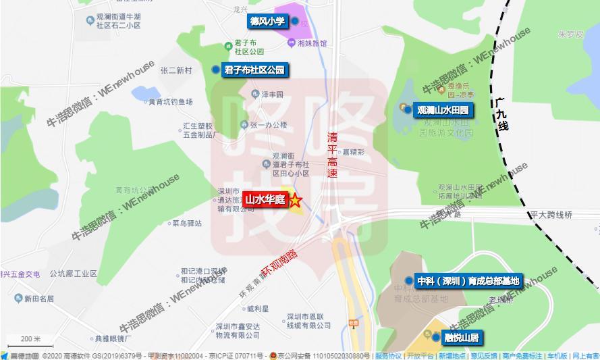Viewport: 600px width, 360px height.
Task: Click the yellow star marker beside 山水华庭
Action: coord(296,201)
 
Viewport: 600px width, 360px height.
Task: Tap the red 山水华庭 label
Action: coord(265,200)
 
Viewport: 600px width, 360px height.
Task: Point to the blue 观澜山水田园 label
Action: coord(442,109)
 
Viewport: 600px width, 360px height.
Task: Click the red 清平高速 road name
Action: coord(332,155)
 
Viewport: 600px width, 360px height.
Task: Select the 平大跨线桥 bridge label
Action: coord(550,215)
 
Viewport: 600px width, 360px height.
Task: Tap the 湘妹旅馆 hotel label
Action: coord(311,43)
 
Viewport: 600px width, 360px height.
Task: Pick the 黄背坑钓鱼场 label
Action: coord(171,102)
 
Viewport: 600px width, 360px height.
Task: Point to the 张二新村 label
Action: coord(176,70)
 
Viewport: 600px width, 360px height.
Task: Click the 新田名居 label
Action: coord(38,299)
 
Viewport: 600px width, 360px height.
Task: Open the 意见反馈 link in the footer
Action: coord(484,356)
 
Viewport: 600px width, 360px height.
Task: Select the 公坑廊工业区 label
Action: coord(73,274)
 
